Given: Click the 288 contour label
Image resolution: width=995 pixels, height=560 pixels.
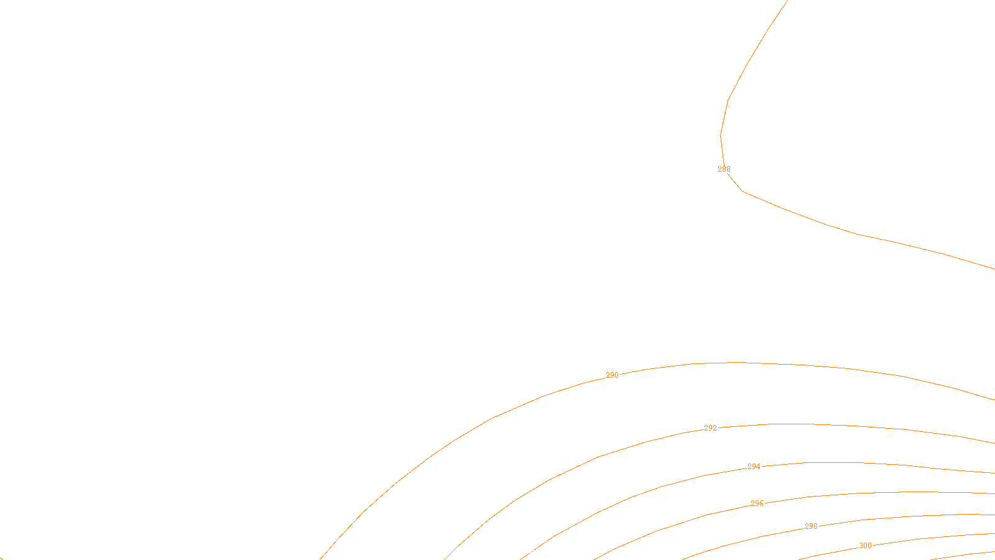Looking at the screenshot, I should click(724, 169).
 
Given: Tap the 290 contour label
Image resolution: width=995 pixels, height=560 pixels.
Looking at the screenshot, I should click(612, 375).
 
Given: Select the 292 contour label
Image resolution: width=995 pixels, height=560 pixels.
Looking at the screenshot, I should click(710, 428).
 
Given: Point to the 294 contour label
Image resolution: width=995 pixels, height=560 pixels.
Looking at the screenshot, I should click(754, 467).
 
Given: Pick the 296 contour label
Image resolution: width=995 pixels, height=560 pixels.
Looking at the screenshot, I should click(757, 503).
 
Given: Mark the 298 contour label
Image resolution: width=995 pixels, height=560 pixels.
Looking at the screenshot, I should click(811, 526).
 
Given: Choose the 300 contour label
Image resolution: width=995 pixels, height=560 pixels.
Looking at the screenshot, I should click(865, 546).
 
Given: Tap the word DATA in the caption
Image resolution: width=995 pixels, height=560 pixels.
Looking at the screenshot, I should click(525, 550).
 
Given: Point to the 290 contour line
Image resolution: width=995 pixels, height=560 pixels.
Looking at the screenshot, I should click(491, 419).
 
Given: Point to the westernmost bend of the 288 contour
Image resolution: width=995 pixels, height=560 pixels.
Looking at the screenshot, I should click(721, 135).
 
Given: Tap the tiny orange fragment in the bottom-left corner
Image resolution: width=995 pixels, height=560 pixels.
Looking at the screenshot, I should click(1, 558).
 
